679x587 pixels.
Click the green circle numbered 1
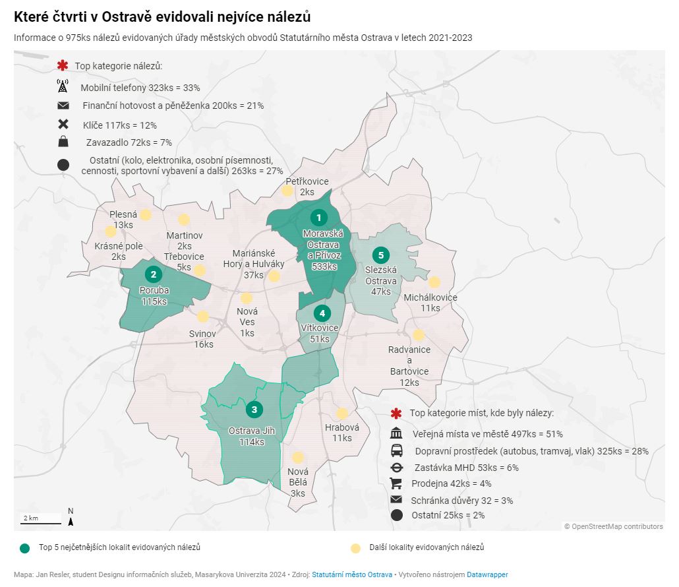point(319,218)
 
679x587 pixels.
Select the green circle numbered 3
point(254,410)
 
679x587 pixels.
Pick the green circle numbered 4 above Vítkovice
point(322,313)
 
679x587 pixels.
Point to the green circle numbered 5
point(380,255)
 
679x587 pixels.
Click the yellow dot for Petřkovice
point(287,191)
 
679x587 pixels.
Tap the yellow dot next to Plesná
point(146,214)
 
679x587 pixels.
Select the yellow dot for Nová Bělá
point(298,457)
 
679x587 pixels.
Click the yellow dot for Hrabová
point(342,414)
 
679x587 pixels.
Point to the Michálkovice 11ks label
point(430,303)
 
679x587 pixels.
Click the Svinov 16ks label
point(203,339)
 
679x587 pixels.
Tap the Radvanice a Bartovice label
point(409,360)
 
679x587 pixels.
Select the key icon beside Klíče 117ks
point(63,124)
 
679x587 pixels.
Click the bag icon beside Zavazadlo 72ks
point(63,141)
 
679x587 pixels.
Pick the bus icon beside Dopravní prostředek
point(397,450)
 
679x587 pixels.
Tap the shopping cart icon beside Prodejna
point(396,483)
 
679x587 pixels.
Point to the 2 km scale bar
point(40,520)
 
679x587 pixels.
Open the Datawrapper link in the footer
point(487,575)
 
